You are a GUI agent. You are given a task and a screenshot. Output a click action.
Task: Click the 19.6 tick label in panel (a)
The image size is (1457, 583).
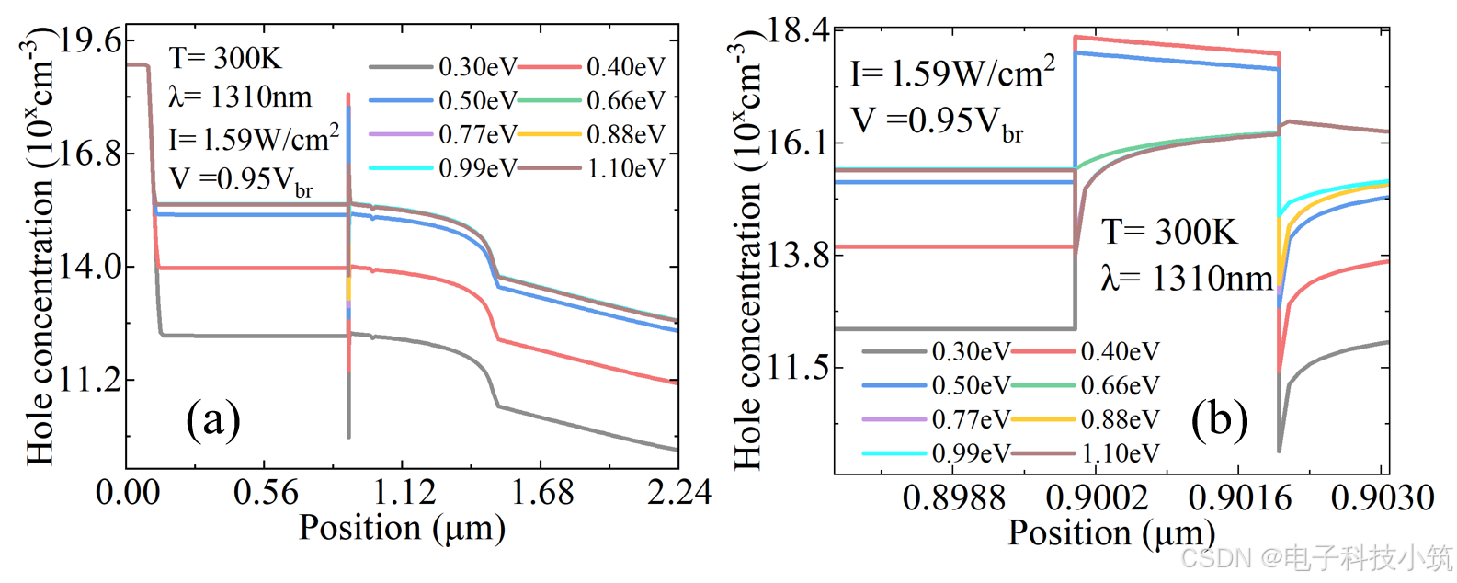(x=90, y=40)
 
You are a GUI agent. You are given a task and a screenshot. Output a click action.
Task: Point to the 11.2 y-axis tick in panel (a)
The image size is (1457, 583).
(x=90, y=379)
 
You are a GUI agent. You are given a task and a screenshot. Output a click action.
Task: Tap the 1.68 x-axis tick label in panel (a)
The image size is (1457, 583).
(x=541, y=493)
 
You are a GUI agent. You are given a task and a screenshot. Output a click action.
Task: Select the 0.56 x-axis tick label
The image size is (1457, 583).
(x=266, y=493)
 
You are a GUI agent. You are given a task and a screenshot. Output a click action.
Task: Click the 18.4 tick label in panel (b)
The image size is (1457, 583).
(x=798, y=30)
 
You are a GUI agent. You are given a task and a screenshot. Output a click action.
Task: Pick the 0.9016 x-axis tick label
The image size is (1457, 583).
(x=1239, y=498)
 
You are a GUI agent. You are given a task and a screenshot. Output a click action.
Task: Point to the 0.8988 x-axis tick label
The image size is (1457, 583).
(x=954, y=498)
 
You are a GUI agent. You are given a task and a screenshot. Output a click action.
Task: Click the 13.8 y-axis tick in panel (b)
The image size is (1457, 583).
(x=798, y=255)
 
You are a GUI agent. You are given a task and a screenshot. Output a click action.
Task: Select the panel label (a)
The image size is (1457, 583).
(x=213, y=419)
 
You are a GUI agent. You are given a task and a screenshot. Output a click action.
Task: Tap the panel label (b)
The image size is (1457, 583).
(x=1219, y=419)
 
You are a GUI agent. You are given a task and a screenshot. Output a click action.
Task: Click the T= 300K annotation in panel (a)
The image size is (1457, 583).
(x=225, y=58)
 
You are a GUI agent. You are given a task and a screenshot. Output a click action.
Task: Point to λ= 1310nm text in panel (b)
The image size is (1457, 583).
(x=1187, y=278)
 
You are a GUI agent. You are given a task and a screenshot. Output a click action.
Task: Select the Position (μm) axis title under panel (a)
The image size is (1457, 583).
(x=402, y=528)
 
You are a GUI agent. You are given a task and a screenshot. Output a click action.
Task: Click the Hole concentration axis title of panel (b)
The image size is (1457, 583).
(x=748, y=253)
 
